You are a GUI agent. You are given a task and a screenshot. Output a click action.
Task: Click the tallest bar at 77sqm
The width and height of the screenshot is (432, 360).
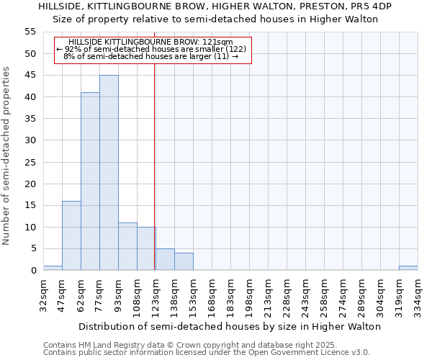point(109,173)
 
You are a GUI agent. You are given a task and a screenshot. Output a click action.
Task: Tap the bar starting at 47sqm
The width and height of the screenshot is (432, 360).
point(71,235)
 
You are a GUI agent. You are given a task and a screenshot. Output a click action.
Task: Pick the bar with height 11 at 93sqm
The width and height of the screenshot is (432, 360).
point(127,246)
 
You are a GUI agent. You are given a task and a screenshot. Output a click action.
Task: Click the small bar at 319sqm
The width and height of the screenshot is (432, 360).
point(408,268)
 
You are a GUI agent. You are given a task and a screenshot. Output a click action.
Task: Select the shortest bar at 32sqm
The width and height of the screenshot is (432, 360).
point(53,268)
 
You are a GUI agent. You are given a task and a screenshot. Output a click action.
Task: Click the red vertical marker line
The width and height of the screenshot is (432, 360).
point(154,180)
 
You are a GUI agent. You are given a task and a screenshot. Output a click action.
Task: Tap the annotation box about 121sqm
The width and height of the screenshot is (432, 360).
point(152,50)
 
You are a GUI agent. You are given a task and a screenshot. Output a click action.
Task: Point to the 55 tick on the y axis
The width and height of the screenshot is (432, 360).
point(30,32)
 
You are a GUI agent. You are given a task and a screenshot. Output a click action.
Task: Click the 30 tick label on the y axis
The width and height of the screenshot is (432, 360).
point(30,140)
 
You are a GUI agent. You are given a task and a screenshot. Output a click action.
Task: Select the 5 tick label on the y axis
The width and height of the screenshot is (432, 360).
point(32,249)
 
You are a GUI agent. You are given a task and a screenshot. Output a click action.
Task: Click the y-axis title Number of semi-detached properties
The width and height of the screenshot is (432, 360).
point(6,156)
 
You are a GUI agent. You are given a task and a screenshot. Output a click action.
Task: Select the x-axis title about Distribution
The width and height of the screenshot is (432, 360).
point(230,326)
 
